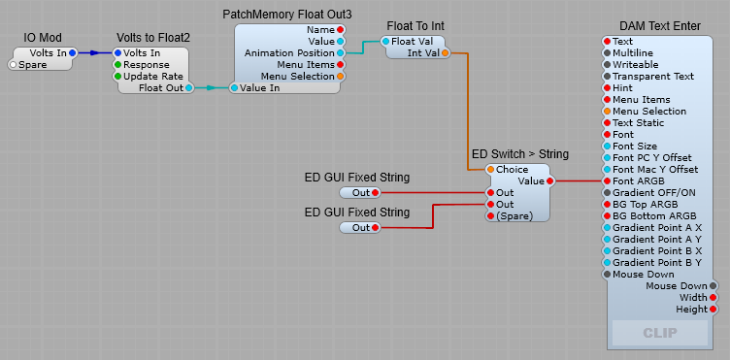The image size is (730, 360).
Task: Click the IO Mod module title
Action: (x=45, y=37)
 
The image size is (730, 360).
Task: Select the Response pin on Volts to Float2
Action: (x=118, y=64)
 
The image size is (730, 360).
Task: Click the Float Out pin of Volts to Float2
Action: (x=188, y=87)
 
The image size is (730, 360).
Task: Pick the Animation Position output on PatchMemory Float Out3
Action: (x=340, y=52)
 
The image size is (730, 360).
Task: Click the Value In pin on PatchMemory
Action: (x=234, y=87)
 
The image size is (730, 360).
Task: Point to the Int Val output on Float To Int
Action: (x=445, y=52)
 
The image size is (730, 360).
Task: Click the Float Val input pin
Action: (x=385, y=41)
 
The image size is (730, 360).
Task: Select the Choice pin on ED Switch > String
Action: (x=490, y=169)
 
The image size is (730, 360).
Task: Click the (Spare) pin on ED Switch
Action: (x=490, y=215)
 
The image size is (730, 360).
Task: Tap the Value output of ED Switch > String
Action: (x=549, y=180)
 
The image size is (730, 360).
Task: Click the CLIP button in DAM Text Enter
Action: (x=661, y=333)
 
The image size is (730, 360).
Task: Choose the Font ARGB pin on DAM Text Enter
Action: (x=607, y=180)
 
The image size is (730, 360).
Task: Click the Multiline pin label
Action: (x=635, y=52)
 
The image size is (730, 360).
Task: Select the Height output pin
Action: (x=713, y=309)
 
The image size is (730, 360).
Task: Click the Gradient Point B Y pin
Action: (x=607, y=262)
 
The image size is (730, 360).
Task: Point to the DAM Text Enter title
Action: (x=660, y=24)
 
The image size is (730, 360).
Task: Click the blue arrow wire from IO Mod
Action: (x=94, y=52)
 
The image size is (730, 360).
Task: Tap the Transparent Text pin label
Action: (x=653, y=76)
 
